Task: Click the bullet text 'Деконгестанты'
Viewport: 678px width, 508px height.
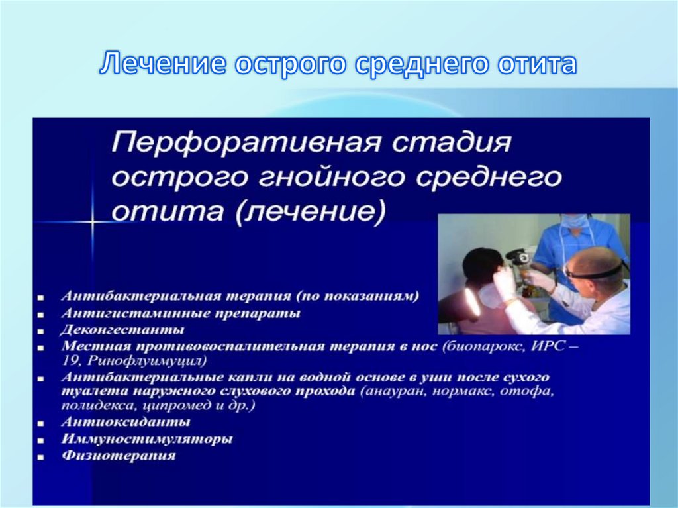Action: tap(123, 329)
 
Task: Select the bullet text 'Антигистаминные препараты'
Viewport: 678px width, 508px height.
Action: tap(181, 313)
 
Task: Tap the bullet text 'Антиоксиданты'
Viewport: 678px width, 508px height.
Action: tap(126, 421)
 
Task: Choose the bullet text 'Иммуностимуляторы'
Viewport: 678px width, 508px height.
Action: tap(147, 438)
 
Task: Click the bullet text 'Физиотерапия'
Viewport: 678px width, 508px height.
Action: tap(119, 456)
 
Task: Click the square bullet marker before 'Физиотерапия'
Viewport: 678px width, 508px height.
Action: tap(42, 457)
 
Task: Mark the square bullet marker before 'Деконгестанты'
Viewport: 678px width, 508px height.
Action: tap(42, 330)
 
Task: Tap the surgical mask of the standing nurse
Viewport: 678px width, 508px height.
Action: tap(573, 221)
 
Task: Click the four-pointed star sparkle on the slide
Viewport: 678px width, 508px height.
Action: tap(92, 221)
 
